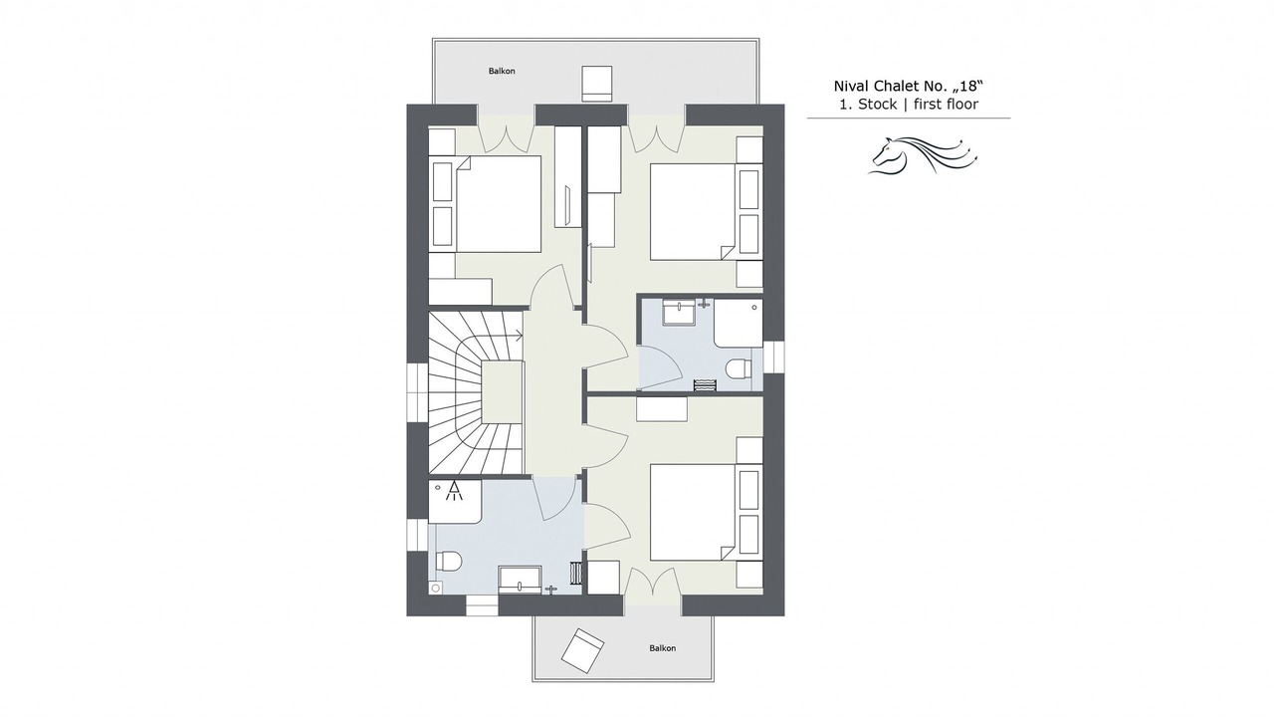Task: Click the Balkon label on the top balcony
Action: (x=502, y=71)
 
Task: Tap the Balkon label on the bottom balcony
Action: (x=663, y=648)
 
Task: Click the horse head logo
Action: (x=922, y=154)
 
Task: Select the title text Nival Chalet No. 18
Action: (x=909, y=86)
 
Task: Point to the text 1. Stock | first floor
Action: (x=909, y=105)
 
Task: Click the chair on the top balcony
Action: (x=597, y=84)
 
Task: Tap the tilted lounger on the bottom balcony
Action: (x=582, y=650)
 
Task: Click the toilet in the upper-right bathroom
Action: (x=739, y=368)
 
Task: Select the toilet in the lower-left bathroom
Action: (x=448, y=561)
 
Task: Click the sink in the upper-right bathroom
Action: (x=678, y=313)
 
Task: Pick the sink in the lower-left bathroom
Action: (x=520, y=580)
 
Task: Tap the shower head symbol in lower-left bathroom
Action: (x=454, y=491)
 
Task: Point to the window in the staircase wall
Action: (x=417, y=393)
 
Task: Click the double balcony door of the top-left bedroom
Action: (x=507, y=134)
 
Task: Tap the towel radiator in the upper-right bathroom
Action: (x=706, y=384)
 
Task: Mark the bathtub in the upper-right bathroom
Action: (x=739, y=323)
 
